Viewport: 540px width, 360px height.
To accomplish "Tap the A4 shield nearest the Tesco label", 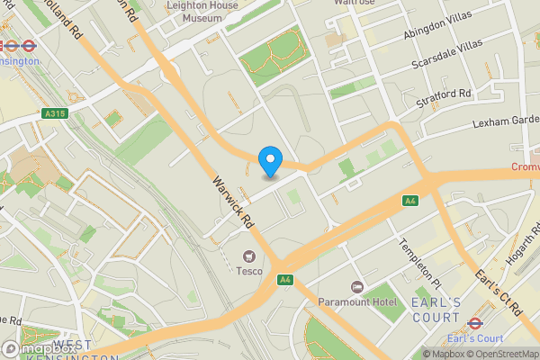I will [286, 280].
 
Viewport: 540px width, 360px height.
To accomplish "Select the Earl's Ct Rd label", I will [500, 289].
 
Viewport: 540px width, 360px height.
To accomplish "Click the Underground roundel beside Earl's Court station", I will [475, 320].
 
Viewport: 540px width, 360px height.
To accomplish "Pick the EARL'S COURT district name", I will [436, 309].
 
